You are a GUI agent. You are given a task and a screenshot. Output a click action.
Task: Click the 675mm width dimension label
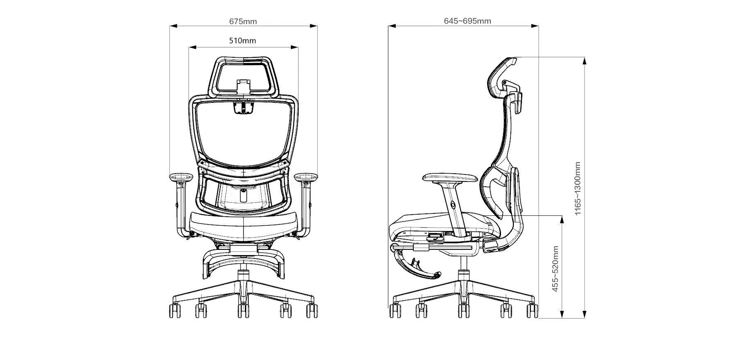[243, 21]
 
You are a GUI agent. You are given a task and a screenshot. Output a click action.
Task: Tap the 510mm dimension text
[243, 41]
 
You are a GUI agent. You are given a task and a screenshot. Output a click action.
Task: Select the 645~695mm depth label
[467, 21]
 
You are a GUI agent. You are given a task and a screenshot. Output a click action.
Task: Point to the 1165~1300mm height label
[578, 188]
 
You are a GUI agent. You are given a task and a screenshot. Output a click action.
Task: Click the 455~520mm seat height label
[555, 269]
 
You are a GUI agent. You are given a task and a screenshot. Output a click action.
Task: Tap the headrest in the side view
[504, 82]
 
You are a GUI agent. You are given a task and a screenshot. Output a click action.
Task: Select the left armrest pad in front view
[181, 177]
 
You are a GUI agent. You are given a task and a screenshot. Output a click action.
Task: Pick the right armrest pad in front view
[306, 177]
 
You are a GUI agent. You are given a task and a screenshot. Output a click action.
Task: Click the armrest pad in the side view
[450, 178]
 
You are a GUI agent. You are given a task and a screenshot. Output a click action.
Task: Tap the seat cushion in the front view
[243, 225]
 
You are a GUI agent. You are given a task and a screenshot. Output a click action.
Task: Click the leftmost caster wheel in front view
[175, 311]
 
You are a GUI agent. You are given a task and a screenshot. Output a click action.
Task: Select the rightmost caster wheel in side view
[532, 311]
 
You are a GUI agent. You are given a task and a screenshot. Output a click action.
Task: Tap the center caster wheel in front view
[243, 311]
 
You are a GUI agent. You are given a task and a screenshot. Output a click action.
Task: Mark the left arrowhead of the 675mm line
[173, 26]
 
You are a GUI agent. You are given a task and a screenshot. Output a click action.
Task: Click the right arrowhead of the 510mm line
[295, 48]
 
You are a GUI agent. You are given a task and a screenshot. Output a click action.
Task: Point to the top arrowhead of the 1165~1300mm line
[585, 61]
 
